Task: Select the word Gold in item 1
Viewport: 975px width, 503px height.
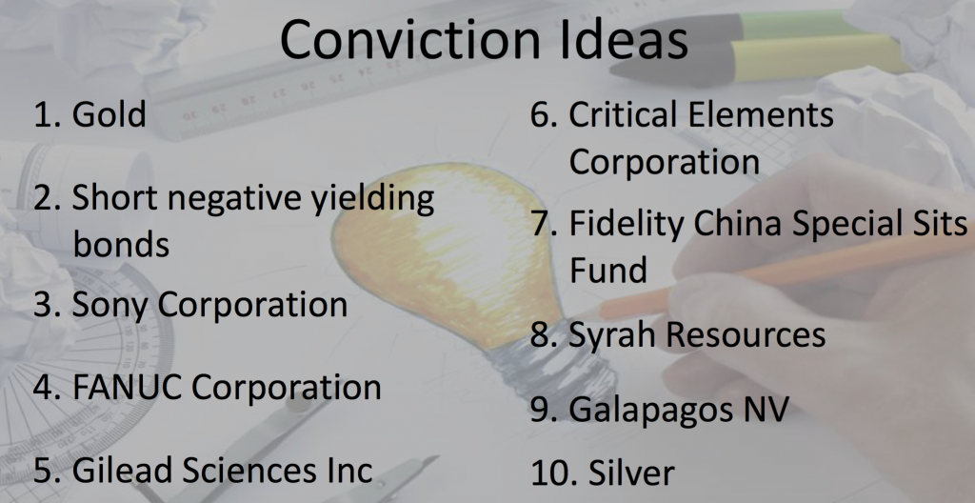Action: tap(109, 114)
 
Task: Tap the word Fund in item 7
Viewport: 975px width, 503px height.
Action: tap(608, 270)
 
